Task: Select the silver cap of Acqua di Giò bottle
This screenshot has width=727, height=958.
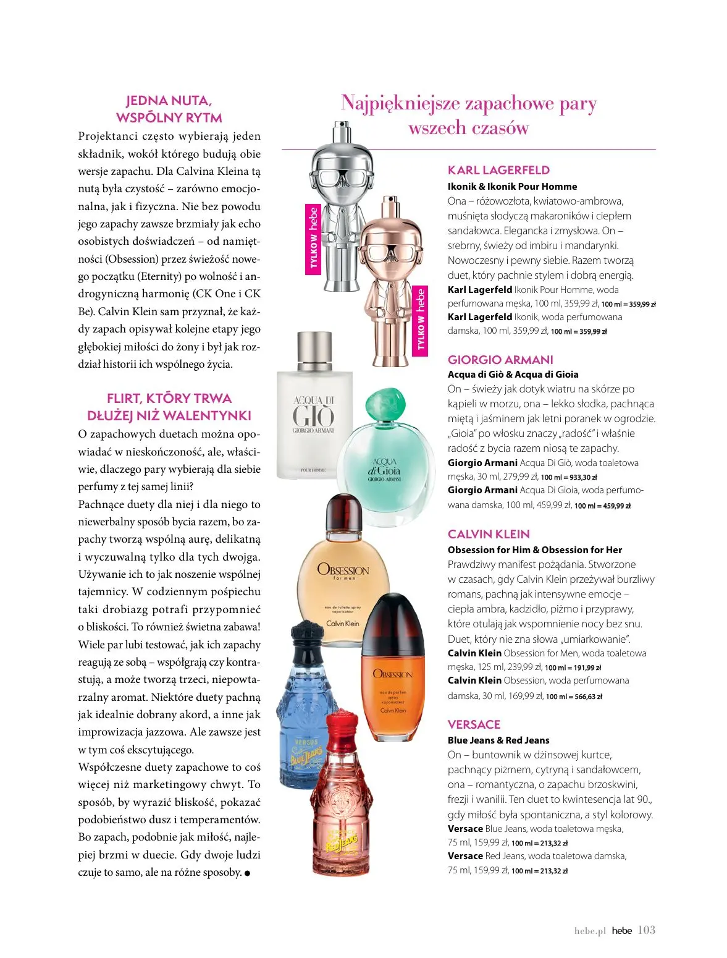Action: tap(314, 350)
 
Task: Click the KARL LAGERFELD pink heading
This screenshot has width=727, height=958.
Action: tap(498, 170)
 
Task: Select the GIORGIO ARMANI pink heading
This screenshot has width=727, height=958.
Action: tap(500, 360)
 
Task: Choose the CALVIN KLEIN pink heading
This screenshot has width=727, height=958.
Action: tap(489, 534)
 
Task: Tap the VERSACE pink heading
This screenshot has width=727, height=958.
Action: tap(474, 724)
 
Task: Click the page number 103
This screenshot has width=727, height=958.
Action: tap(646, 930)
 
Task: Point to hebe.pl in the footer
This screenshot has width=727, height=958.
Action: tap(590, 931)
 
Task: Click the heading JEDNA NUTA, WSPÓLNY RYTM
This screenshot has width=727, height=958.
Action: tap(169, 109)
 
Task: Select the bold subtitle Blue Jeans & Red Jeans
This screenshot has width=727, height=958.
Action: tap(498, 740)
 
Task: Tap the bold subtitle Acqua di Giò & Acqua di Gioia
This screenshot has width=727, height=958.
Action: tap(513, 374)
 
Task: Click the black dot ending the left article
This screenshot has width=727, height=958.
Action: tap(248, 873)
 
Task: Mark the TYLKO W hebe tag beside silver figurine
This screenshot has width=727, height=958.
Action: tap(314, 238)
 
